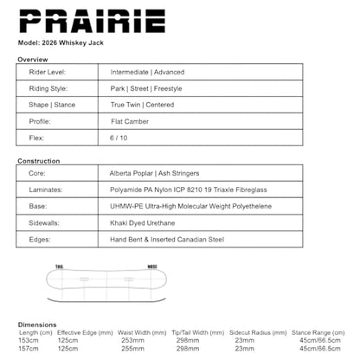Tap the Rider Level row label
(50, 73)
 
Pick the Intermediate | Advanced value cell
(147, 73)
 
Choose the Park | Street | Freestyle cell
(145, 88)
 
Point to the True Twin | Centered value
(142, 105)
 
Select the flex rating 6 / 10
(119, 138)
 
